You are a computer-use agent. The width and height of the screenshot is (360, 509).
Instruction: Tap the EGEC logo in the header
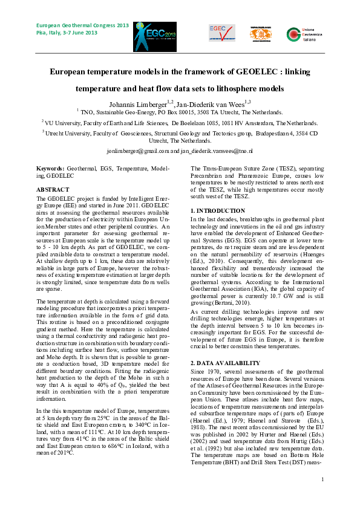[217, 33]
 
